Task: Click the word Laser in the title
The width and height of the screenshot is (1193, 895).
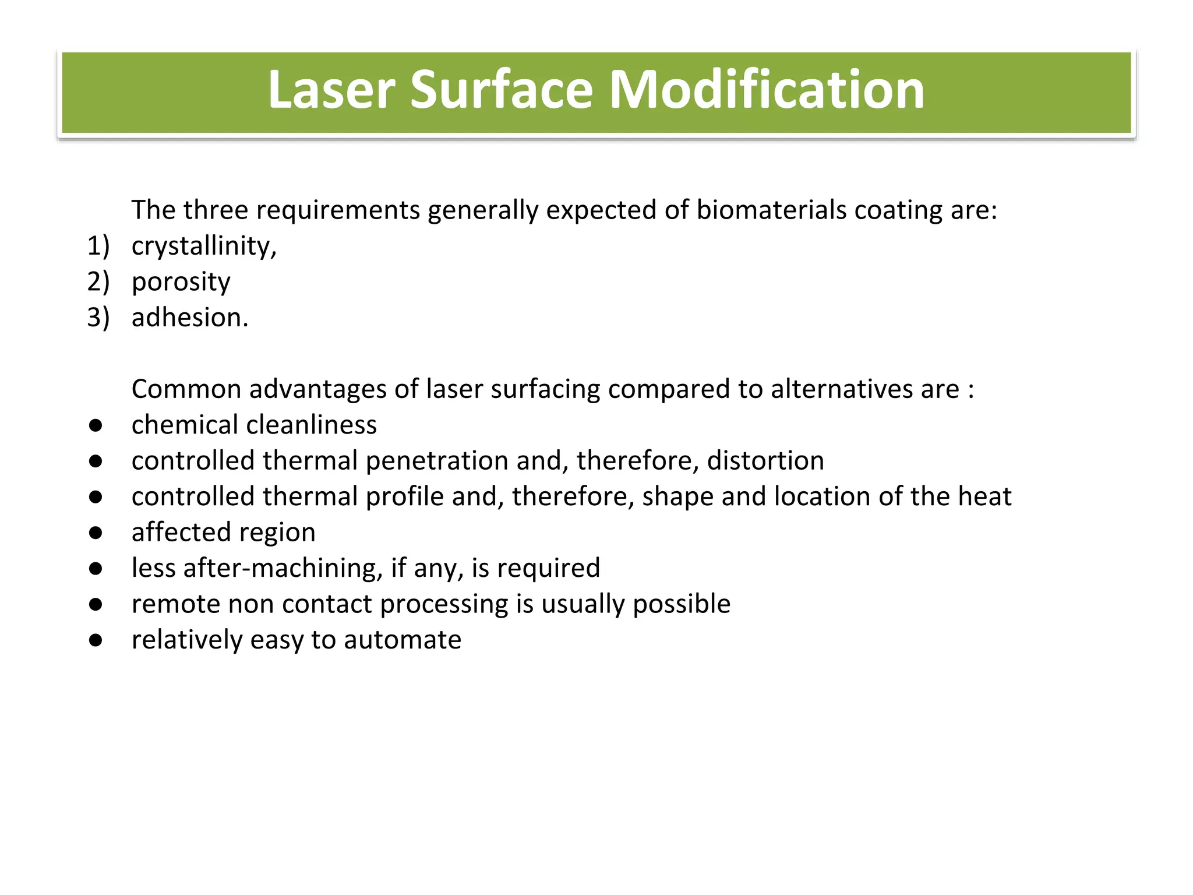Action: (x=331, y=90)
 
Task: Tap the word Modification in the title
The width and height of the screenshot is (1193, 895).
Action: (x=767, y=90)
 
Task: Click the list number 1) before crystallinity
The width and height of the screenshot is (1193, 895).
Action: (x=98, y=246)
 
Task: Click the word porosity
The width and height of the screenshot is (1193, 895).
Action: (x=181, y=283)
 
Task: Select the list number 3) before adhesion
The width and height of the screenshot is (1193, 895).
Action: (x=98, y=318)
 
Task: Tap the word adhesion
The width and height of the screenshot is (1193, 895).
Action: (x=190, y=318)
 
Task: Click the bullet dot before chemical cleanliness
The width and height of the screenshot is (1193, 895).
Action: (x=96, y=425)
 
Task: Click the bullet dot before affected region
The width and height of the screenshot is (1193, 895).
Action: (x=96, y=533)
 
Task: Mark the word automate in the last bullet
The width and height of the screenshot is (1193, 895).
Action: (x=403, y=640)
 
